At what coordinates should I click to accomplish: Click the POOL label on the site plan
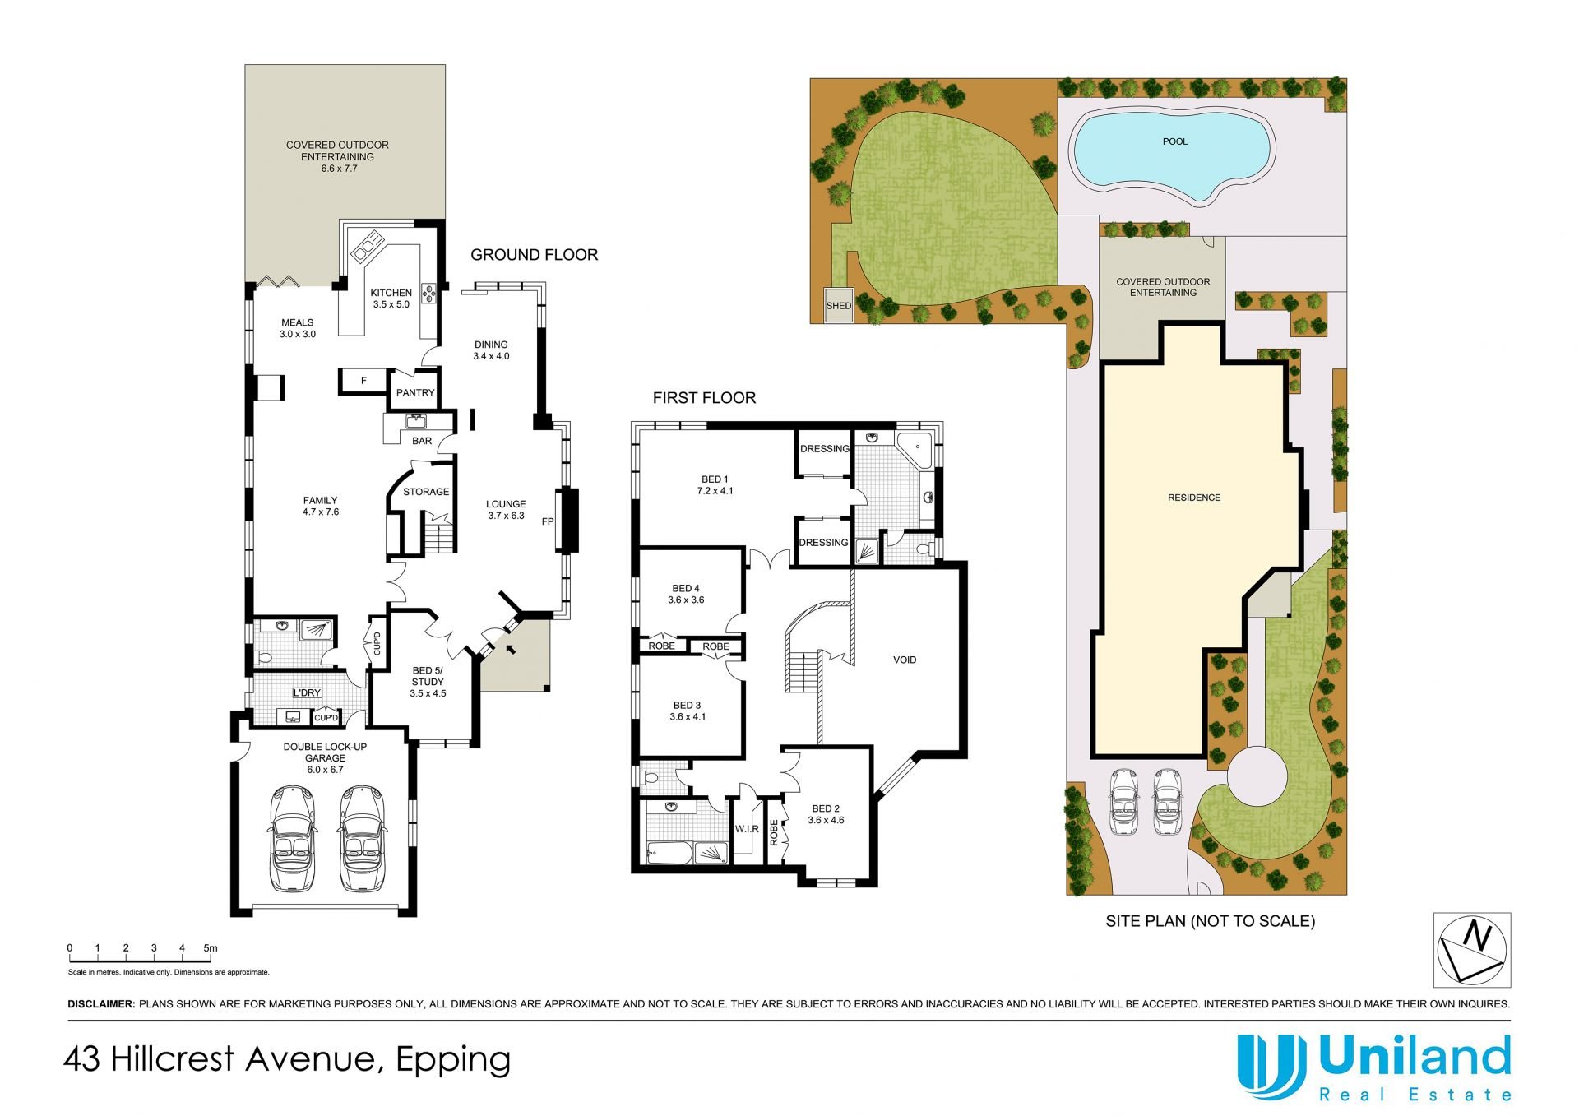coord(1174,141)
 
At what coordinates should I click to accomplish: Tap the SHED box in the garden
coord(839,305)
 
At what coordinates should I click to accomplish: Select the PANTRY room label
coord(415,393)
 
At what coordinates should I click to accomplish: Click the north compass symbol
coord(1471,950)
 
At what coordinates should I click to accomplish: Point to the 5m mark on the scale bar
coord(211,948)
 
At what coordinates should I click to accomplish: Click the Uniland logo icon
coord(1271,1067)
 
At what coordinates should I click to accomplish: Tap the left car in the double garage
coord(291,838)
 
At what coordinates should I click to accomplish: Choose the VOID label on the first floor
coord(905,660)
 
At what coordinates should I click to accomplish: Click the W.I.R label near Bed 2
coord(747,829)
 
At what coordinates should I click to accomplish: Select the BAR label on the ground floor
coord(422,441)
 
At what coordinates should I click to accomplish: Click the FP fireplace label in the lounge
coord(548,521)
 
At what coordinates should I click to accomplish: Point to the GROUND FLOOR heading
coord(534,255)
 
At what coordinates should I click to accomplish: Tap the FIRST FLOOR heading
coord(704,398)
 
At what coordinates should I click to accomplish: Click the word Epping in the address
coord(453,1060)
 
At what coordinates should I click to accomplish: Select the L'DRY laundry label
coord(307,693)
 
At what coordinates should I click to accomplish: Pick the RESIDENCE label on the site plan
coord(1194,498)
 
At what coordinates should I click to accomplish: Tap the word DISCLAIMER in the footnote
coord(101,1004)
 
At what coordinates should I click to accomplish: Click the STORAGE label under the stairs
coord(426,492)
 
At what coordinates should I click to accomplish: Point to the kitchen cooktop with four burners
coord(429,294)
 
